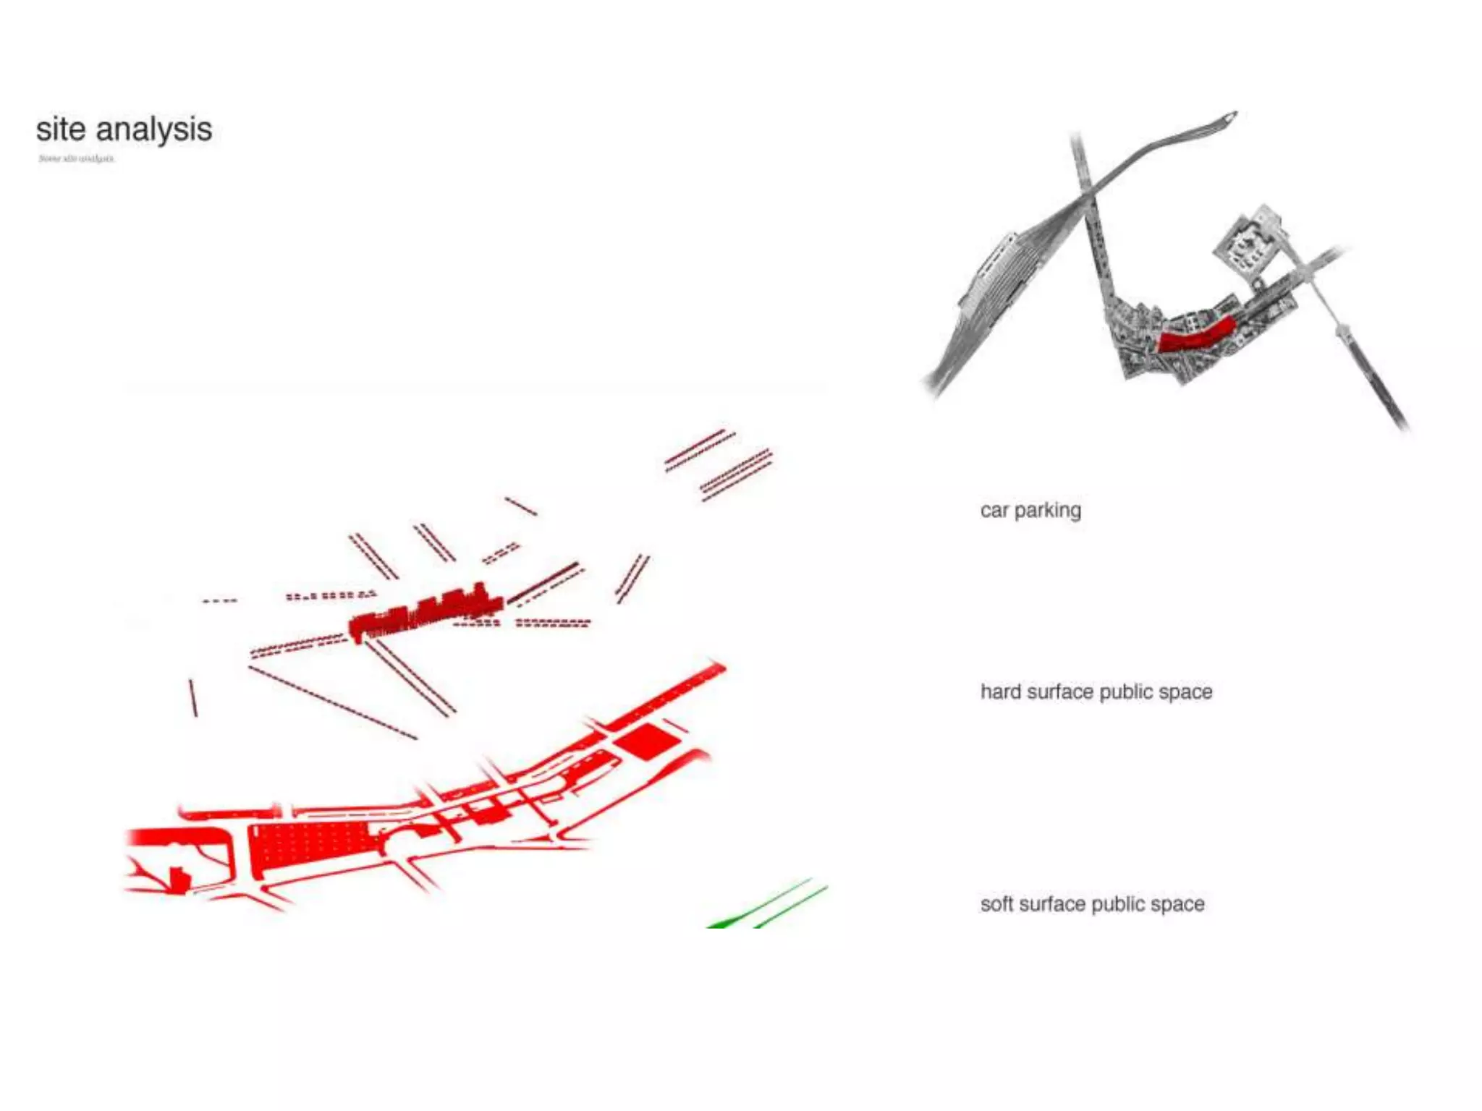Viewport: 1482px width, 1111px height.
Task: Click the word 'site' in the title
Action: (x=61, y=130)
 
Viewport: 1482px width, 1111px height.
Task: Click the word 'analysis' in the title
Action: (x=153, y=130)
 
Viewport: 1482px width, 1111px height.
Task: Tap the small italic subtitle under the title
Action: (x=76, y=158)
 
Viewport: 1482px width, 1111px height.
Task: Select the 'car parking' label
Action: (x=1030, y=511)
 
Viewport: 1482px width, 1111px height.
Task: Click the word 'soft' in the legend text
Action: (x=996, y=904)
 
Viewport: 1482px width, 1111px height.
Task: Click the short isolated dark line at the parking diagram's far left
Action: (x=193, y=697)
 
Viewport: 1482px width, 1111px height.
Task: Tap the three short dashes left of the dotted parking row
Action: (x=219, y=600)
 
